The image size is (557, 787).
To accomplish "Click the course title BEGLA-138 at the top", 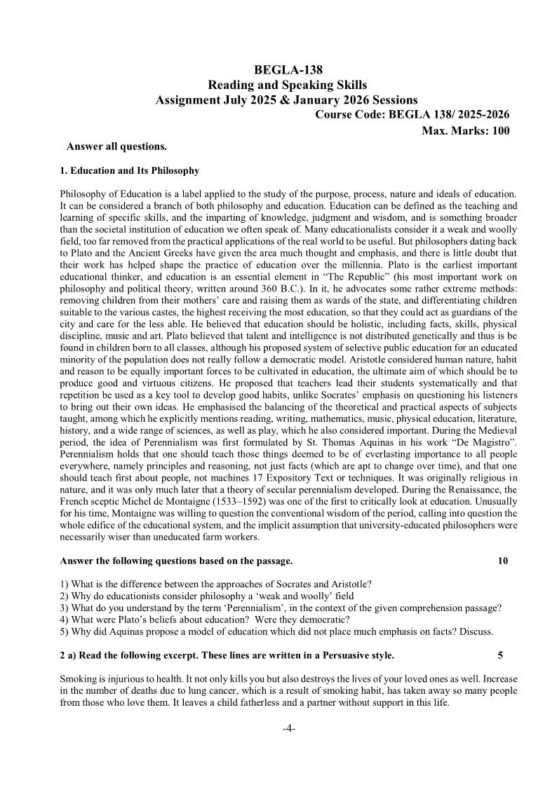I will pos(287,69).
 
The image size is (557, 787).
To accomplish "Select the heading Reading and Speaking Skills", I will pos(287,85).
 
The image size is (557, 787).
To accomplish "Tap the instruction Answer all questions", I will pos(116,146).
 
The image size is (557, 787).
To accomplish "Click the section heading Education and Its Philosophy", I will pos(135,170).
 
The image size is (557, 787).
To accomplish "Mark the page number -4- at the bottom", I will pos(288,729).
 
